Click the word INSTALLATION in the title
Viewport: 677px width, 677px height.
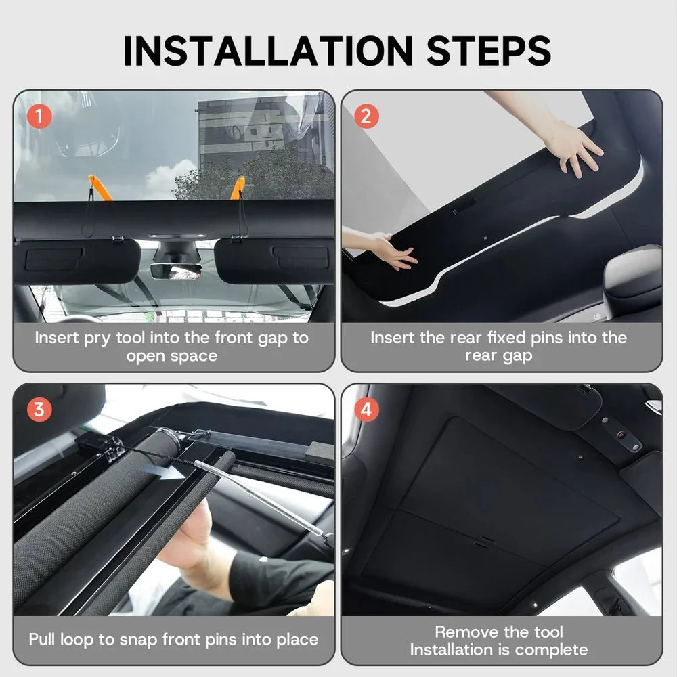[x=268, y=51]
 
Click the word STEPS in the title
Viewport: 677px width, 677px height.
[x=489, y=51]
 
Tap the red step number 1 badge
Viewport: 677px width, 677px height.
[x=39, y=116]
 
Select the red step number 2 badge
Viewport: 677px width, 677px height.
[x=366, y=116]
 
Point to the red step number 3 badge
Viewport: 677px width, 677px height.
[x=39, y=410]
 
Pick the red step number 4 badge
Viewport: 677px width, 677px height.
[x=366, y=410]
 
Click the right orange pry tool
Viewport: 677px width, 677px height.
[x=238, y=188]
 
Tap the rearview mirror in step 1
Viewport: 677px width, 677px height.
[x=176, y=271]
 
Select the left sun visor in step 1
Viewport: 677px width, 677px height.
[x=77, y=261]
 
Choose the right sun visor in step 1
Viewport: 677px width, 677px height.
[x=274, y=261]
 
